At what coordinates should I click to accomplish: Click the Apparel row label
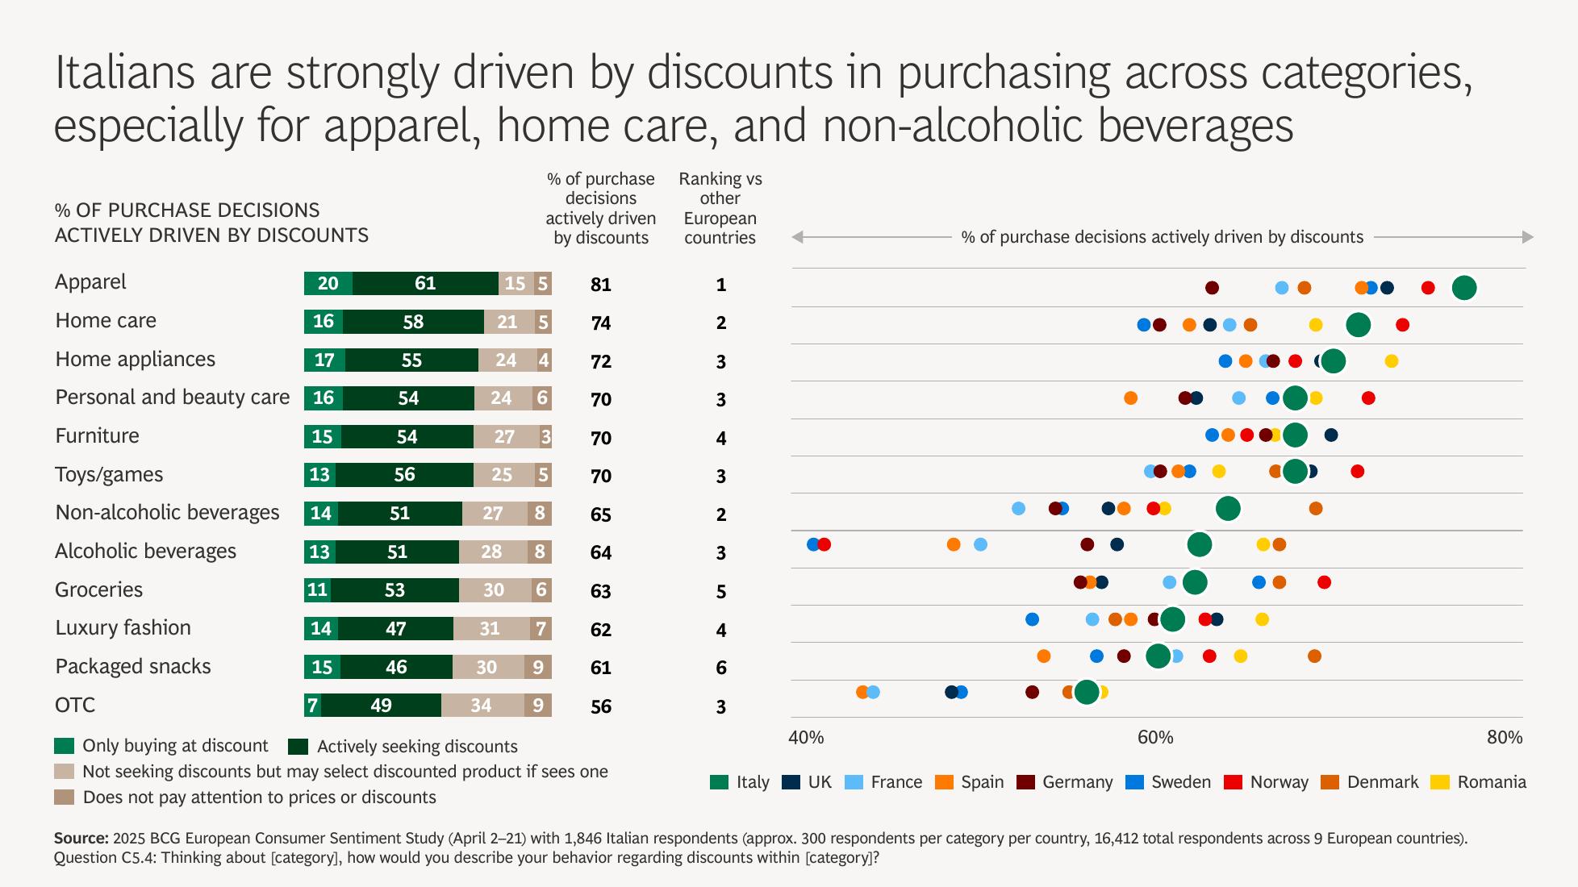pyautogui.click(x=90, y=282)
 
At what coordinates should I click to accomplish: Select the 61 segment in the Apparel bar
pyautogui.click(x=425, y=284)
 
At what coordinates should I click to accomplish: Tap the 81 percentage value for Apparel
pyautogui.click(x=601, y=285)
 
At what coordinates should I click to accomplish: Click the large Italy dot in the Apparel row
pyautogui.click(x=1463, y=288)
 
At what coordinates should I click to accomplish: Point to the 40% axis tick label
pyautogui.click(x=806, y=738)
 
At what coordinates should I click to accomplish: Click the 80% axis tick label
pyautogui.click(x=1505, y=738)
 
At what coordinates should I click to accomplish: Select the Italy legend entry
pyautogui.click(x=740, y=782)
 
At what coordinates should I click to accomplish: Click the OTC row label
pyautogui.click(x=75, y=706)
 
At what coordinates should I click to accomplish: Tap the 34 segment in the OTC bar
pyautogui.click(x=482, y=706)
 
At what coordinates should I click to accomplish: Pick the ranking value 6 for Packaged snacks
pyautogui.click(x=721, y=668)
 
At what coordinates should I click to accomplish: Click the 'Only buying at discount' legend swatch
pyautogui.click(x=65, y=746)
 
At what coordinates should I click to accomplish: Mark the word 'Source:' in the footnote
pyautogui.click(x=81, y=838)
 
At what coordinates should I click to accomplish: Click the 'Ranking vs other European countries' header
pyautogui.click(x=720, y=208)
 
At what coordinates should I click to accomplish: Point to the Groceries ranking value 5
pyautogui.click(x=721, y=592)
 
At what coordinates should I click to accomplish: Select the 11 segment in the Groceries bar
pyautogui.click(x=317, y=590)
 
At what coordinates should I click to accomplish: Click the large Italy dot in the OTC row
pyautogui.click(x=1087, y=692)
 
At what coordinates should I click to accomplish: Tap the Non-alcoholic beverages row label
pyautogui.click(x=167, y=513)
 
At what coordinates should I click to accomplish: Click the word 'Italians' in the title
pyautogui.click(x=125, y=73)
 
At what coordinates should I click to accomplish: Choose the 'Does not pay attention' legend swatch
pyautogui.click(x=65, y=797)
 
